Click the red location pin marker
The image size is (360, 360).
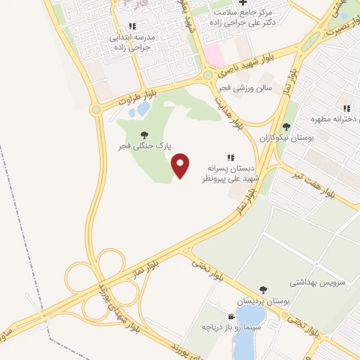coord(181,165)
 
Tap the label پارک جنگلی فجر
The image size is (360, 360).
coord(144,146)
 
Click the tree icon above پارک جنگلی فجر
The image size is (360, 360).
coord(145,134)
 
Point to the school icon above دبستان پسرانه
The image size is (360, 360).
coord(231,157)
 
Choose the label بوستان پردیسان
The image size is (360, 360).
coord(263,300)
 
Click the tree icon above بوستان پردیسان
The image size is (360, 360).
coord(264,289)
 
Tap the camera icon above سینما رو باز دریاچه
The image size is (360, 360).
coord(231,317)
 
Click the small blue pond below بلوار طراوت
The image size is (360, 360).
coord(143,110)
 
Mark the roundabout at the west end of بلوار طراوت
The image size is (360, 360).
coord(96,110)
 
